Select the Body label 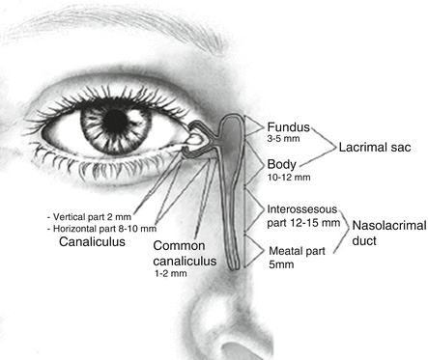pos(280,165)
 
